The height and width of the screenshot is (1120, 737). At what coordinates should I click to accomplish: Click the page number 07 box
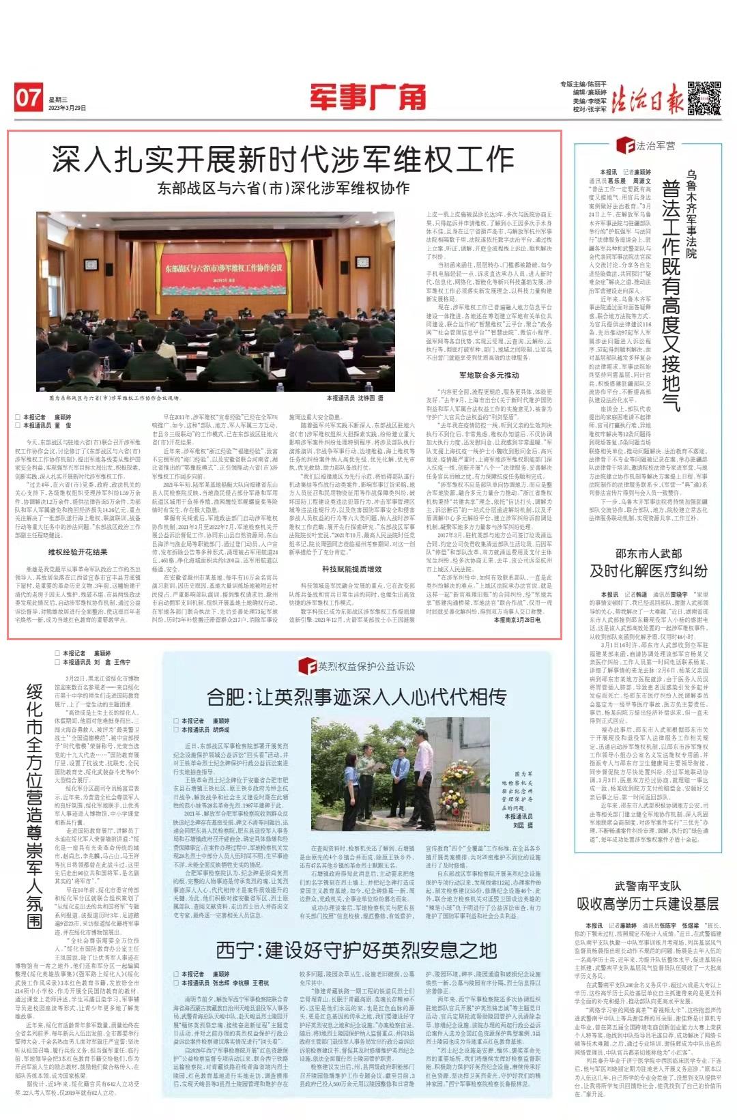pyautogui.click(x=29, y=98)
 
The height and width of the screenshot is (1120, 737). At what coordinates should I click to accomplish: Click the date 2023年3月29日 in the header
pyautogui.click(x=68, y=108)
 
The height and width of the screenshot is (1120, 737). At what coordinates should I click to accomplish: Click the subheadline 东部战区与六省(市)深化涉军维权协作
pyautogui.click(x=284, y=188)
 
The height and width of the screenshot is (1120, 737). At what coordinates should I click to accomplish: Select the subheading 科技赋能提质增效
pyautogui.click(x=352, y=569)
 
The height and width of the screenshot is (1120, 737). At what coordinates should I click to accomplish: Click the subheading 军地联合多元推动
pyautogui.click(x=489, y=375)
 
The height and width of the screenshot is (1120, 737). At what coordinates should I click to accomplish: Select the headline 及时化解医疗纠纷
pyautogui.click(x=648, y=571)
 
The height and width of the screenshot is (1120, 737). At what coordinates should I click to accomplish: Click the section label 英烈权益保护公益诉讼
pyautogui.click(x=362, y=665)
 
